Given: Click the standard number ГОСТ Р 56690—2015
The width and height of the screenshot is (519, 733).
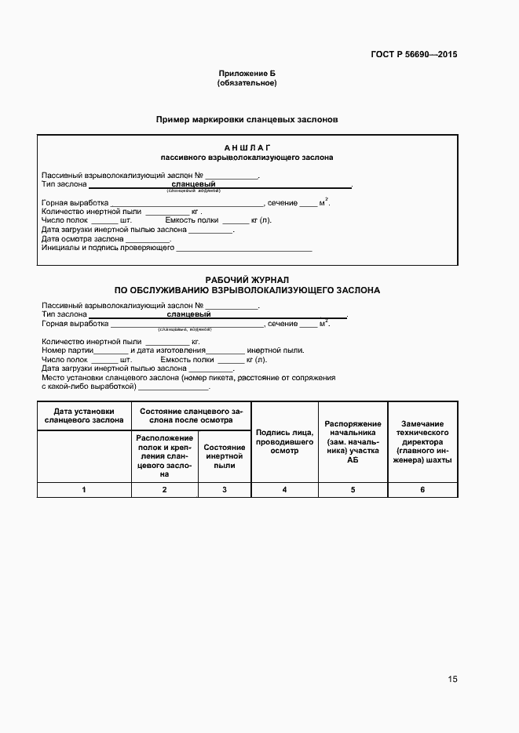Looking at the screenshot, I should (413, 55).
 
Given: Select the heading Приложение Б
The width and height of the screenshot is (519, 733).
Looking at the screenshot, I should (247, 73).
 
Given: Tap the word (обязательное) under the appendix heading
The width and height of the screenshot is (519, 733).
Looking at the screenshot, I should (247, 82).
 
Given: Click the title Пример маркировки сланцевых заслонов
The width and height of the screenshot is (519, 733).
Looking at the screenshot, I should (247, 121).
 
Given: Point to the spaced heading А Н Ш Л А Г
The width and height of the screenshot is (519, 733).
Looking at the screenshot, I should (247, 147).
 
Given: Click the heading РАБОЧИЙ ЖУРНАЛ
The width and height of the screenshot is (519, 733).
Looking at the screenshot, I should (247, 279).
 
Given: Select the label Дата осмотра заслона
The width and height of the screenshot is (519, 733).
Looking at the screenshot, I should (82, 239).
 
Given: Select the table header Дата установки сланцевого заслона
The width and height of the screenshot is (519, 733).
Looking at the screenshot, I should (84, 415).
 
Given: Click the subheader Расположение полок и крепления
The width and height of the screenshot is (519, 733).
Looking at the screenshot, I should (164, 455).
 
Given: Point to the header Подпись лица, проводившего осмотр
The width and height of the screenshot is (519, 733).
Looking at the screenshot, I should (284, 441).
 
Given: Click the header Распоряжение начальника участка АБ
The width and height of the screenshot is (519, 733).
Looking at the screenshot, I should (353, 441).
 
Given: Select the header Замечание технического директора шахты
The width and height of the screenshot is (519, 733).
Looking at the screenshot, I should (422, 441).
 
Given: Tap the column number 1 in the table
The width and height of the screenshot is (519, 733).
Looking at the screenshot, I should (84, 490).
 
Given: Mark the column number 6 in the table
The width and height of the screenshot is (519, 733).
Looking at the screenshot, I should (422, 490).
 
